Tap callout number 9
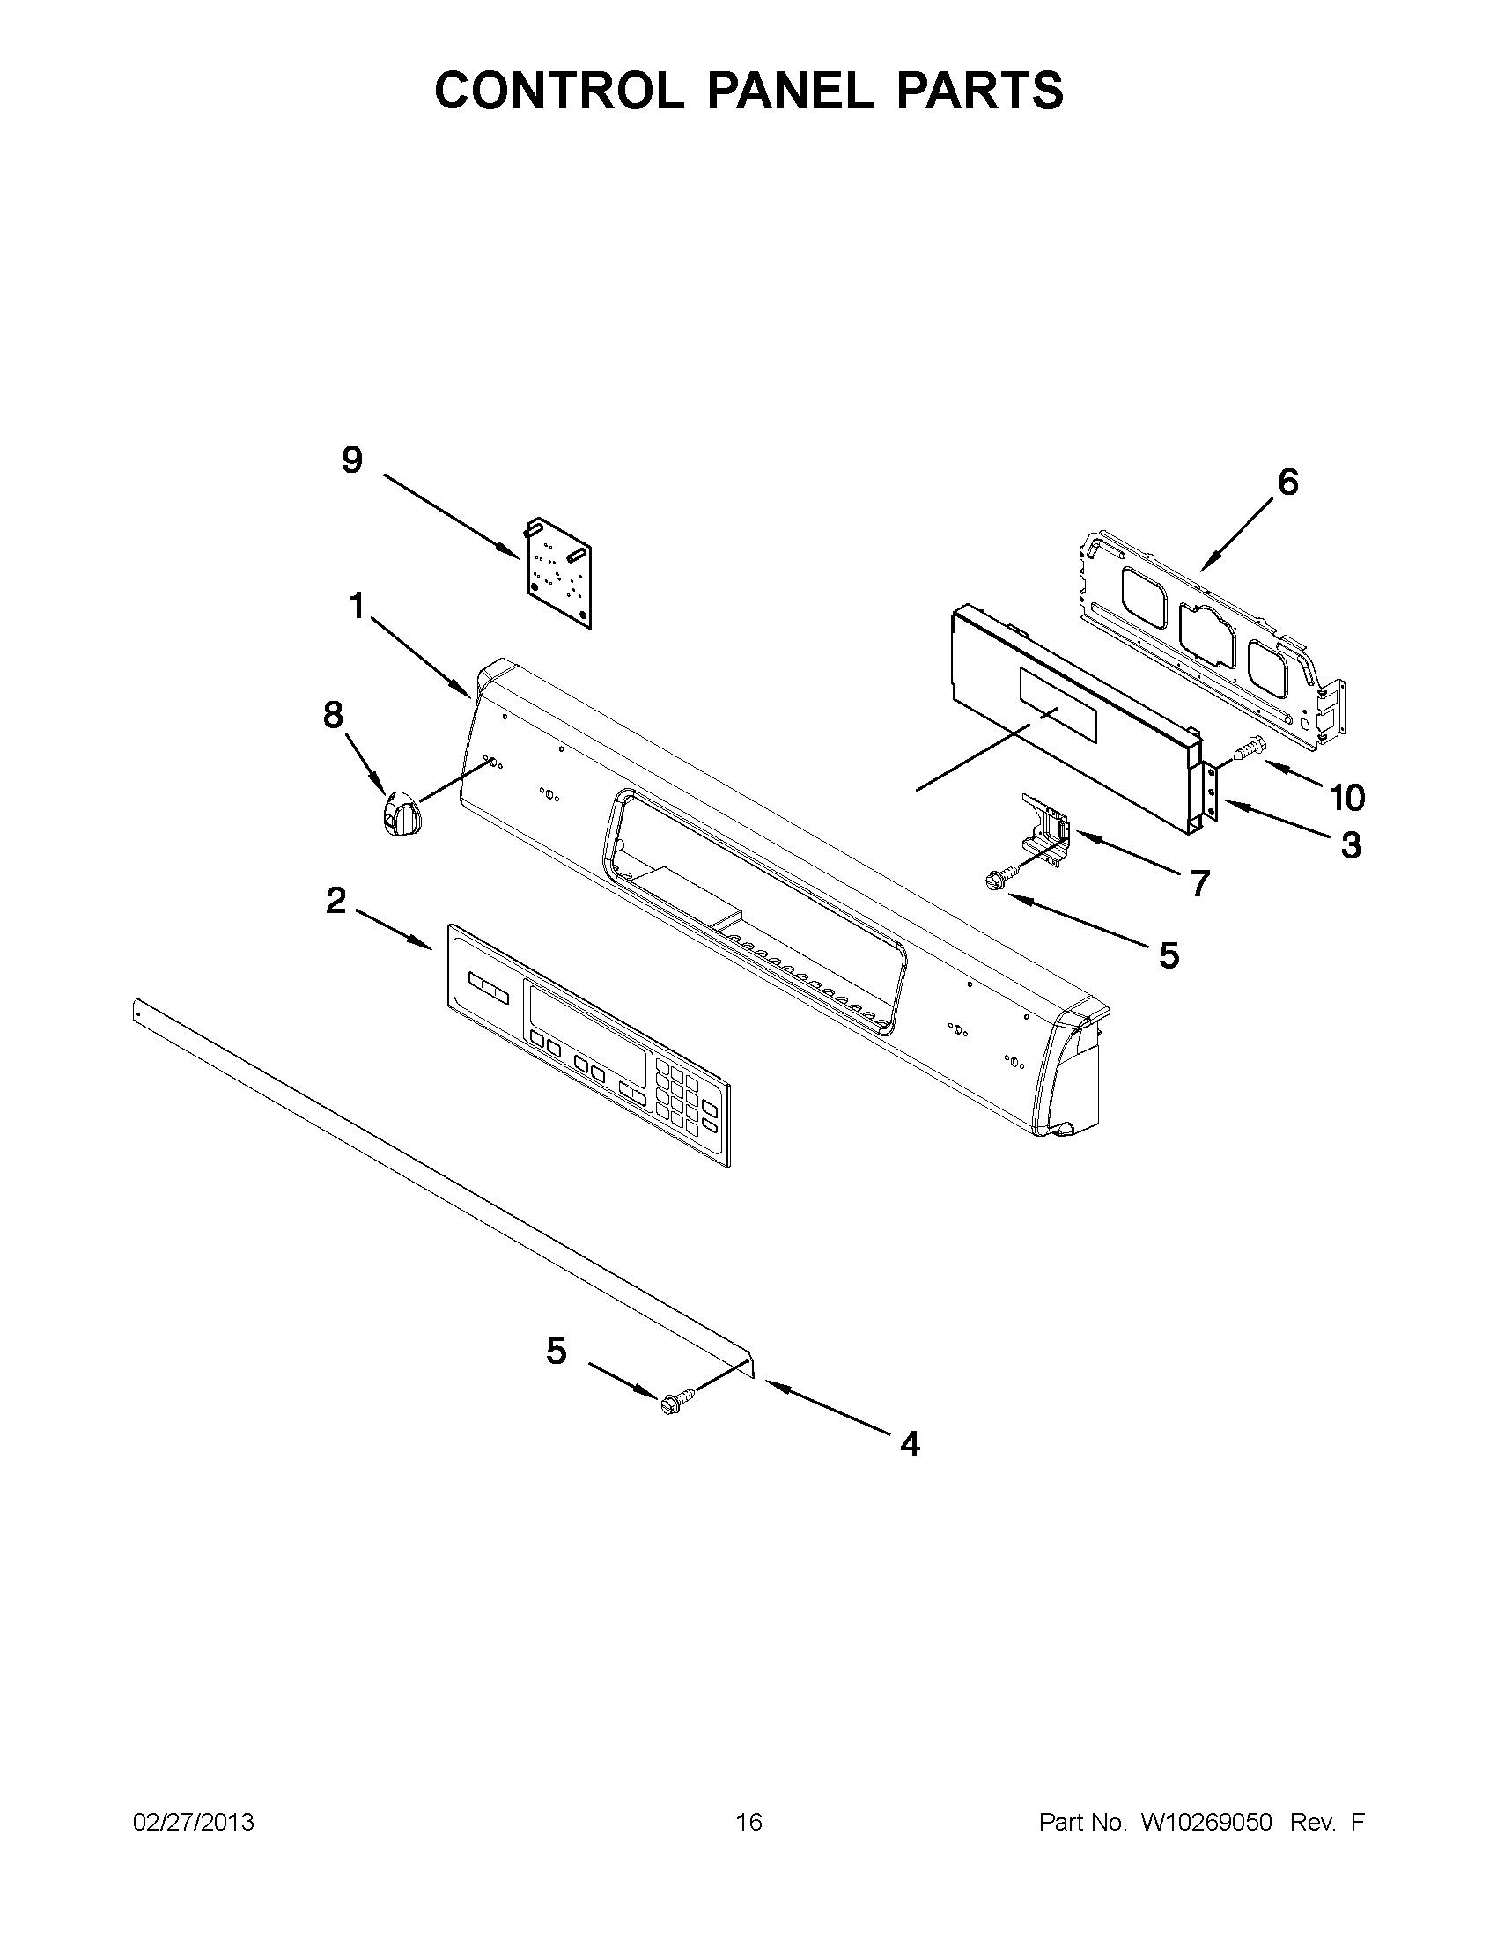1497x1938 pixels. [x=352, y=460]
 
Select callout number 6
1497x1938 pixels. [x=1287, y=482]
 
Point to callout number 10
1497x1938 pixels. [x=1346, y=798]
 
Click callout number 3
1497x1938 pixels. [x=1350, y=845]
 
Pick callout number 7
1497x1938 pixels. [x=1199, y=883]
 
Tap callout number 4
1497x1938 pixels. [x=910, y=1445]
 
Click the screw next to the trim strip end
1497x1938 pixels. [x=672, y=1404]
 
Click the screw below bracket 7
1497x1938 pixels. [x=993, y=880]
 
